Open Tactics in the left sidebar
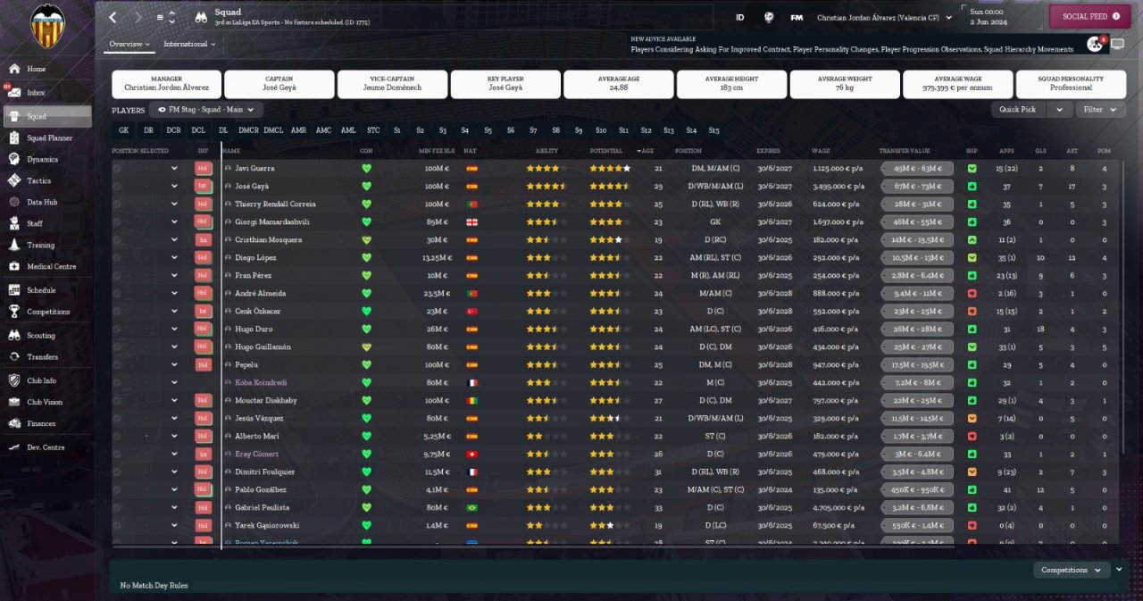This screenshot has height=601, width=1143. point(38,180)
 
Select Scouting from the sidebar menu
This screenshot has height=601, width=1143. point(40,335)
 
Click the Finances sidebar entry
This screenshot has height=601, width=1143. point(41,423)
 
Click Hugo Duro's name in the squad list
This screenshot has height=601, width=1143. point(254,329)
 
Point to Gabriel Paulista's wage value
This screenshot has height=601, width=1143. point(837,507)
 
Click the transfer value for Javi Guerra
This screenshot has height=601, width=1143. point(916,168)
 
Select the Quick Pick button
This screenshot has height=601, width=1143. point(1018,109)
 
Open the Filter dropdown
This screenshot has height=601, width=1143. point(1100,109)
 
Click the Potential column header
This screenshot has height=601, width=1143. point(606,151)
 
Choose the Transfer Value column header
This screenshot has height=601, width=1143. point(904,151)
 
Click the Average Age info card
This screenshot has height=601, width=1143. point(618,84)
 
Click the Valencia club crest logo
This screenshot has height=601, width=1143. point(47,26)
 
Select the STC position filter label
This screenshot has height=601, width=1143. point(373,130)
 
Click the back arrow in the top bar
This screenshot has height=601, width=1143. point(113,17)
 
